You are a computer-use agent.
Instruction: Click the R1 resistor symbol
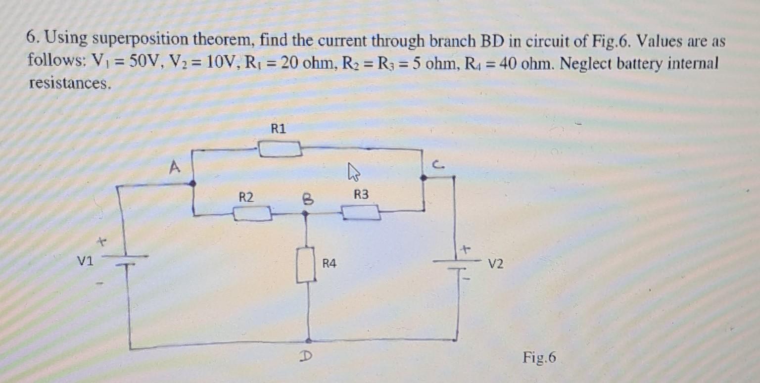coord(280,148)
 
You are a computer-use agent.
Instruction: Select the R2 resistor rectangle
coord(252,214)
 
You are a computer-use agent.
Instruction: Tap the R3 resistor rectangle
coord(361,213)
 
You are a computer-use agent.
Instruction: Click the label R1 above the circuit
coord(279,129)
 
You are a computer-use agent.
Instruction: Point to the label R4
coord(330,264)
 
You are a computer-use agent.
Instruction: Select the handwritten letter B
coord(306,199)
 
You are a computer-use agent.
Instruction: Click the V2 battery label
coord(496,265)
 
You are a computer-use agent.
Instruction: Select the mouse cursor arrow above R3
coord(353,173)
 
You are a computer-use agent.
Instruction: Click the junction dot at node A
coord(193,183)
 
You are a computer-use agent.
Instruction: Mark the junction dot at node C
coord(424,177)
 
